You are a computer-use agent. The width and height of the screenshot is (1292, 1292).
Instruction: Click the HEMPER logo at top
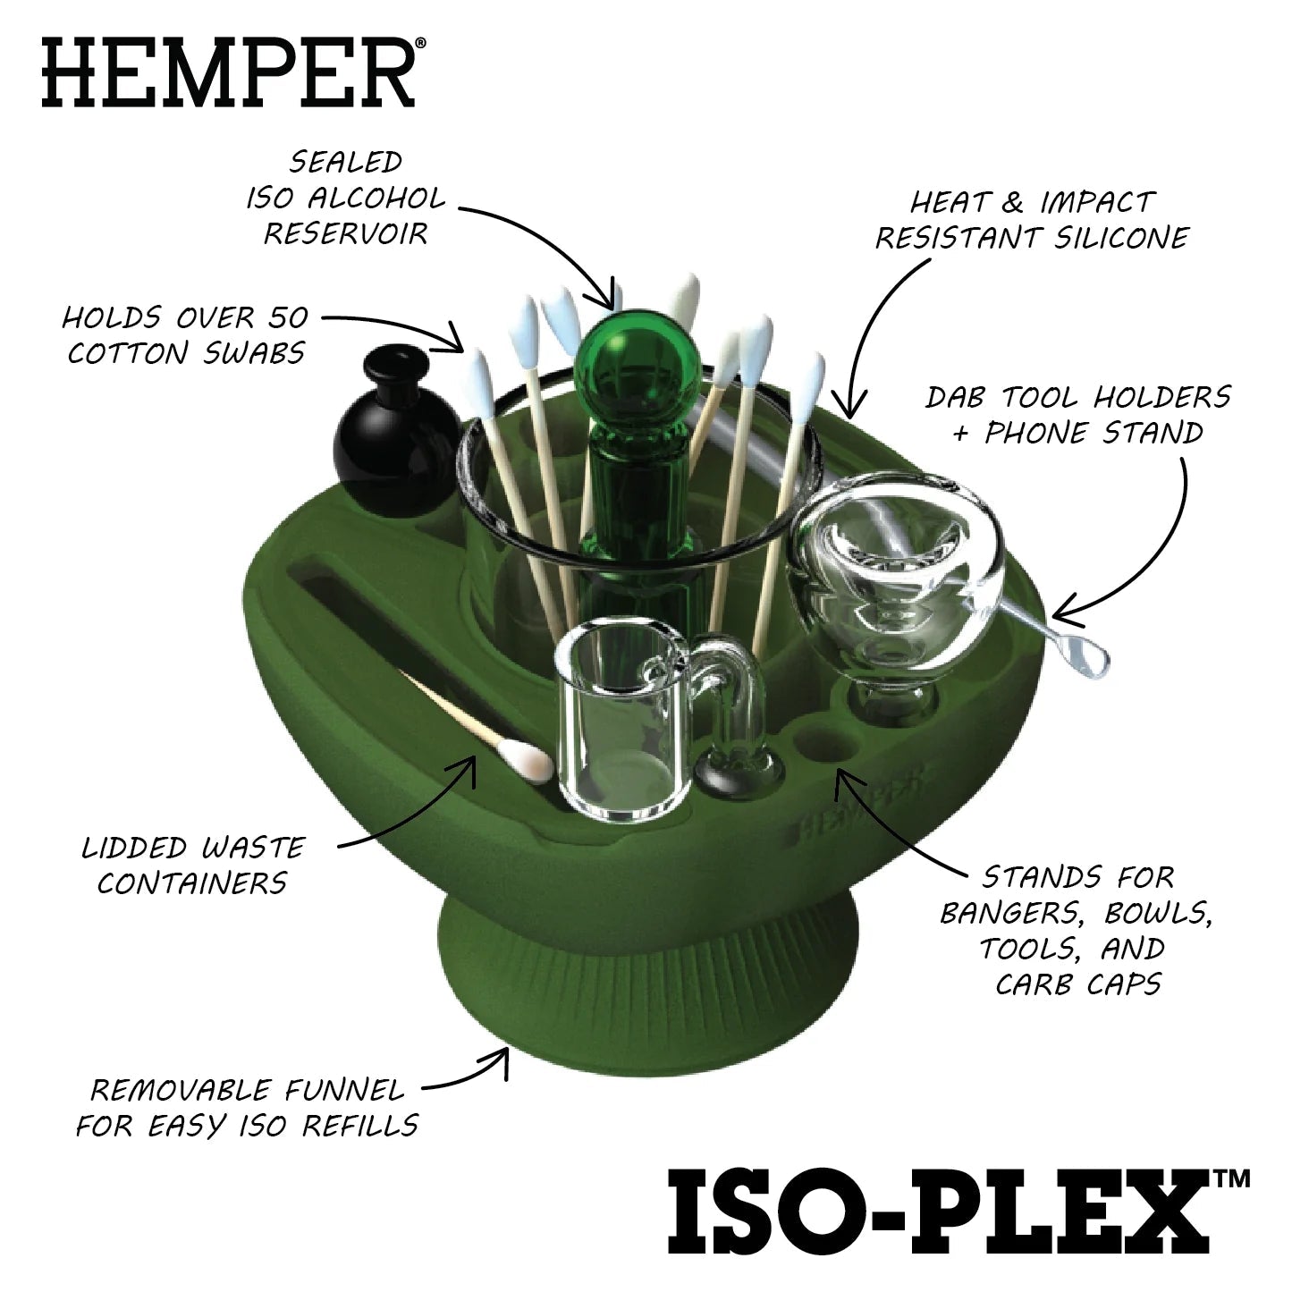point(228,71)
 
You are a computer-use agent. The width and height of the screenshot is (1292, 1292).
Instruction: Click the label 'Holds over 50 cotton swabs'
point(186,335)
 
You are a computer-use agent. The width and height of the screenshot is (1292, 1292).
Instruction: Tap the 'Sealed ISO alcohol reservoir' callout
point(344,198)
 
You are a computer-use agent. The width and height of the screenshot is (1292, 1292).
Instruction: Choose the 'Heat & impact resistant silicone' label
point(1032,220)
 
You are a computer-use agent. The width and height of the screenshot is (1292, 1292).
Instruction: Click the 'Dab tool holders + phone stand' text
point(1077,415)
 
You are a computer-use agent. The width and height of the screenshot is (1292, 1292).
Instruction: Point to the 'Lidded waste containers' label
point(192,865)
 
